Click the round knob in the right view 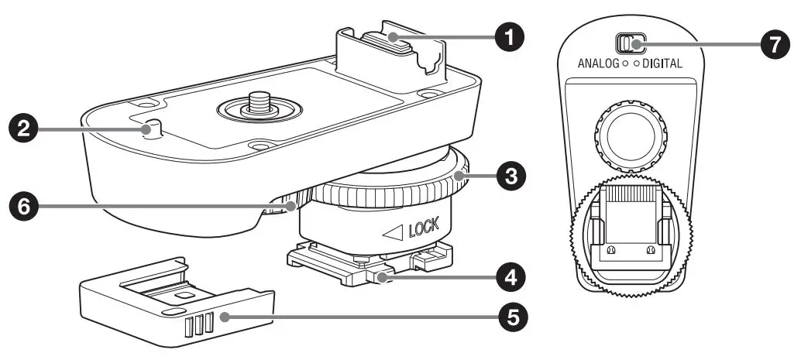coord(630,139)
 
